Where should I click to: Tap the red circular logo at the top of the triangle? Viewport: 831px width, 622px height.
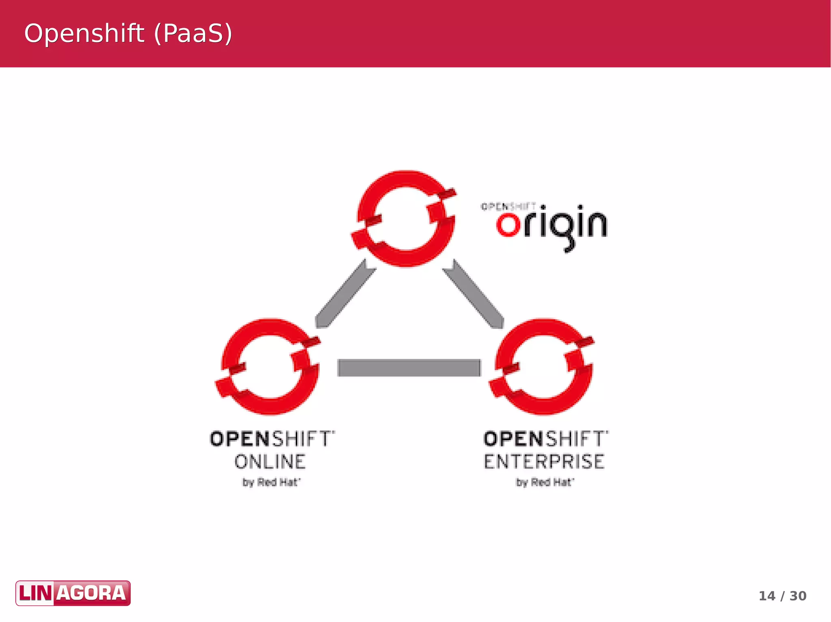coord(404,219)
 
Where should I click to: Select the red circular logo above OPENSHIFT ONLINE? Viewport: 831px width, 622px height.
coord(268,367)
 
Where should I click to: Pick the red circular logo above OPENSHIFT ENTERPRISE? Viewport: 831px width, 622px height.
coord(542,367)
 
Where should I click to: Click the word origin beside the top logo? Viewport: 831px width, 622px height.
coord(552,225)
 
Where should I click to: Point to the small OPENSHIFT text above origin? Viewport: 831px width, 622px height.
coord(508,207)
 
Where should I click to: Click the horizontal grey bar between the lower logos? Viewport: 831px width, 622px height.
coord(409,368)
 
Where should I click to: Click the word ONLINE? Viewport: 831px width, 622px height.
coord(270,462)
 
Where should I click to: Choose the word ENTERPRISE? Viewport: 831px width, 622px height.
coord(544,462)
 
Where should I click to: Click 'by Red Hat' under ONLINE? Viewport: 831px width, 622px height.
coord(271,482)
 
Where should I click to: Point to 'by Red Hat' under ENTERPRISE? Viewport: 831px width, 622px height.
coord(545,482)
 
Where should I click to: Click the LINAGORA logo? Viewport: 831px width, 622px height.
coord(73,593)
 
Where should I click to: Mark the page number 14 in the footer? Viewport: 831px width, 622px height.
coord(767,596)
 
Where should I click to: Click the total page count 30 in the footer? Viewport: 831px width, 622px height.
coord(798,596)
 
